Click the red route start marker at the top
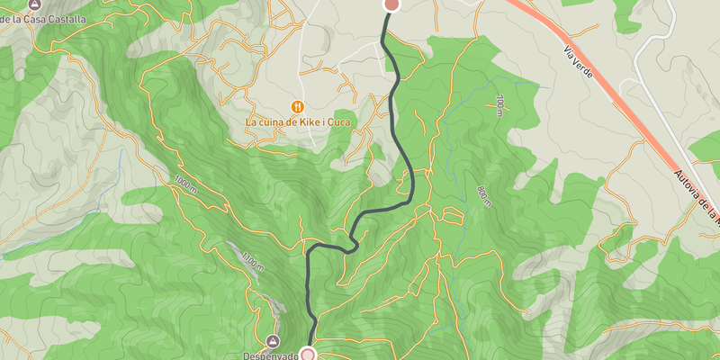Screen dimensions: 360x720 coord(391,4)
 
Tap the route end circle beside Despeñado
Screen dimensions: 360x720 coord(309,355)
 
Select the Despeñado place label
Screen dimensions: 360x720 coord(270,355)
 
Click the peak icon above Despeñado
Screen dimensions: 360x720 coord(273,341)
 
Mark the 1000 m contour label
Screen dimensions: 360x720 coord(184,184)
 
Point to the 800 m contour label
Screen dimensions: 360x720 coord(485,195)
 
